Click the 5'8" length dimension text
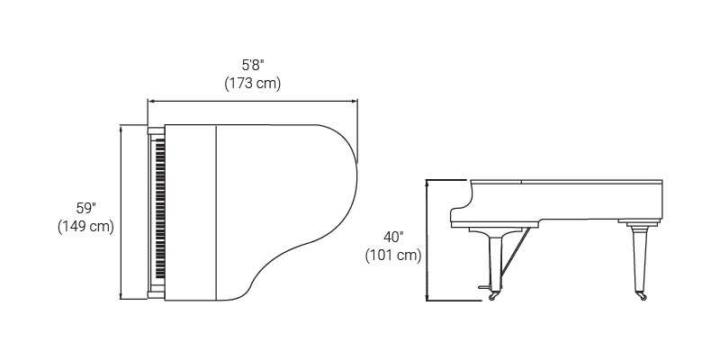(x=253, y=65)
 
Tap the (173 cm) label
(x=253, y=84)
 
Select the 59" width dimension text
(x=85, y=208)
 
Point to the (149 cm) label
(x=85, y=227)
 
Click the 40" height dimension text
(x=393, y=237)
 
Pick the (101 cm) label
(x=393, y=256)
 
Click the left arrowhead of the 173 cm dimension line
(x=150, y=101)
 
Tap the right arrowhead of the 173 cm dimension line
(x=354, y=101)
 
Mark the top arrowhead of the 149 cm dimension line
(x=121, y=128)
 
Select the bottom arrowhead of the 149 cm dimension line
(x=121, y=296)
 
